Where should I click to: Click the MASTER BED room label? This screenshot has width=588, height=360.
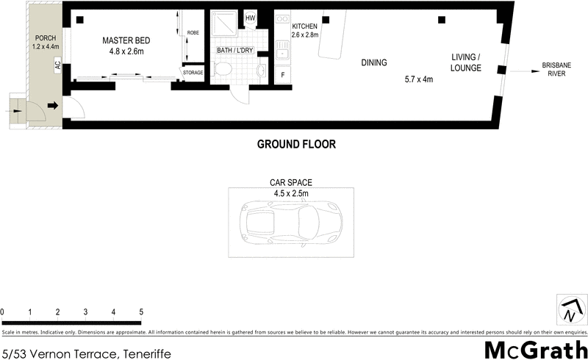(x=123, y=40)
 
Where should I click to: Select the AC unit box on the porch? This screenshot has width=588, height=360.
(x=57, y=65)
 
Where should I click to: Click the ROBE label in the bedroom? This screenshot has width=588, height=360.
(x=193, y=33)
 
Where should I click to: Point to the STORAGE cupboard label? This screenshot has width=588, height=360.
(x=193, y=73)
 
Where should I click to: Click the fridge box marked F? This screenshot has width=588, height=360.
(x=283, y=74)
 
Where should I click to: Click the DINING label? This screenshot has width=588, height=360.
(x=373, y=62)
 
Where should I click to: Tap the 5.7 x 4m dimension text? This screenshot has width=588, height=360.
(x=419, y=79)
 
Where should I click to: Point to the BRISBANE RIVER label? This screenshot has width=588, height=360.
(x=556, y=70)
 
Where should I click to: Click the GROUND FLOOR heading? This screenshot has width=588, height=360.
(x=295, y=145)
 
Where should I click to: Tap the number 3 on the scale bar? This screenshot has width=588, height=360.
(x=85, y=312)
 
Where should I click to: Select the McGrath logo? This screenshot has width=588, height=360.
(x=536, y=349)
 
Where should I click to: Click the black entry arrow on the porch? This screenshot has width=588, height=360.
(x=52, y=106)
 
